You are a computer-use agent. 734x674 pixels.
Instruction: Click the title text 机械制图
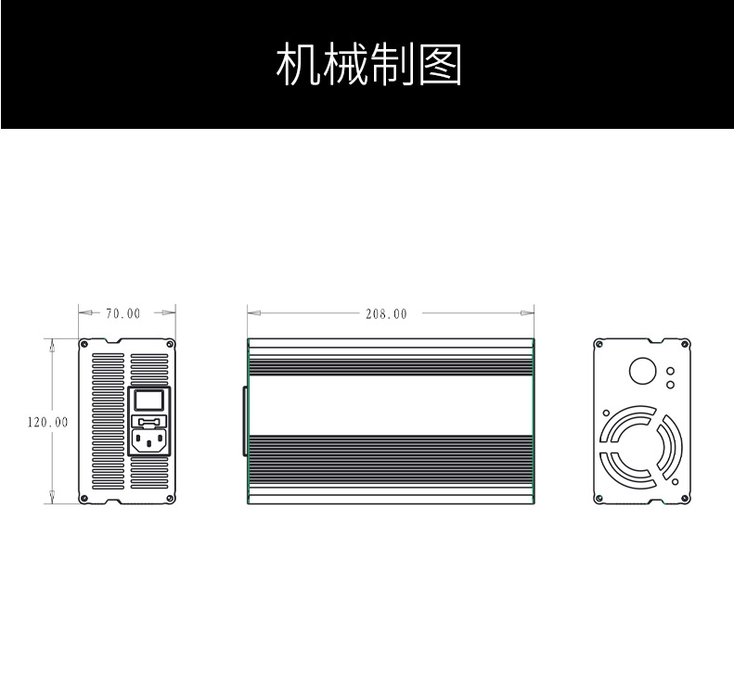(x=368, y=64)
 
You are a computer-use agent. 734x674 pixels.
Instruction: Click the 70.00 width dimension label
(x=122, y=313)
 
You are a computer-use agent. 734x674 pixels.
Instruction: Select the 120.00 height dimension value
(x=47, y=422)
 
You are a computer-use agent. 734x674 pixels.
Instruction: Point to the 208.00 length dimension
(x=386, y=314)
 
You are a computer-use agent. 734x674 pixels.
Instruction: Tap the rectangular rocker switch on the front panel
(x=148, y=401)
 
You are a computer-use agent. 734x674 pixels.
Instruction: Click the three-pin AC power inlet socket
(x=148, y=440)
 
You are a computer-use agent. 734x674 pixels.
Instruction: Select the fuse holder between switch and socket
(x=148, y=419)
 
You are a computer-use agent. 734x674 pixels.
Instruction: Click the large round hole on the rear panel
(x=642, y=371)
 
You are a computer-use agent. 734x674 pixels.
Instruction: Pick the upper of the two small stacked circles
(x=671, y=369)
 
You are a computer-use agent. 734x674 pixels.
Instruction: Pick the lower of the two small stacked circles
(x=671, y=383)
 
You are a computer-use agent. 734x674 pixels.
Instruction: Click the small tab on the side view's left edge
(x=245, y=422)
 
